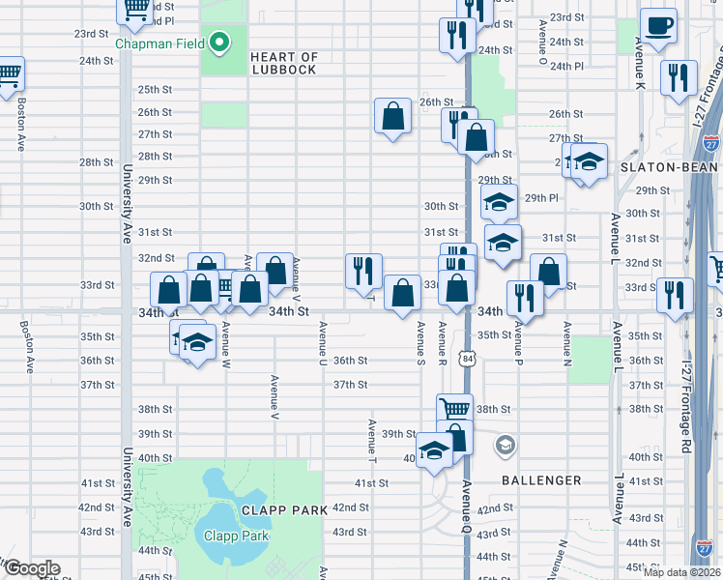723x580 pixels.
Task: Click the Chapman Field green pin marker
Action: [220, 43]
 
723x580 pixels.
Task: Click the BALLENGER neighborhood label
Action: [540, 480]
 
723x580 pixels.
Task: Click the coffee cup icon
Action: [659, 26]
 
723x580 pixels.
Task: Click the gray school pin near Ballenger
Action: [504, 445]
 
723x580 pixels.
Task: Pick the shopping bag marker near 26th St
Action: [393, 116]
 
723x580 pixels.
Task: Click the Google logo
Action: [32, 568]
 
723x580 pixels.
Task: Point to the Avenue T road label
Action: [371, 440]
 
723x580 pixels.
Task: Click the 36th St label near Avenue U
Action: [350, 361]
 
